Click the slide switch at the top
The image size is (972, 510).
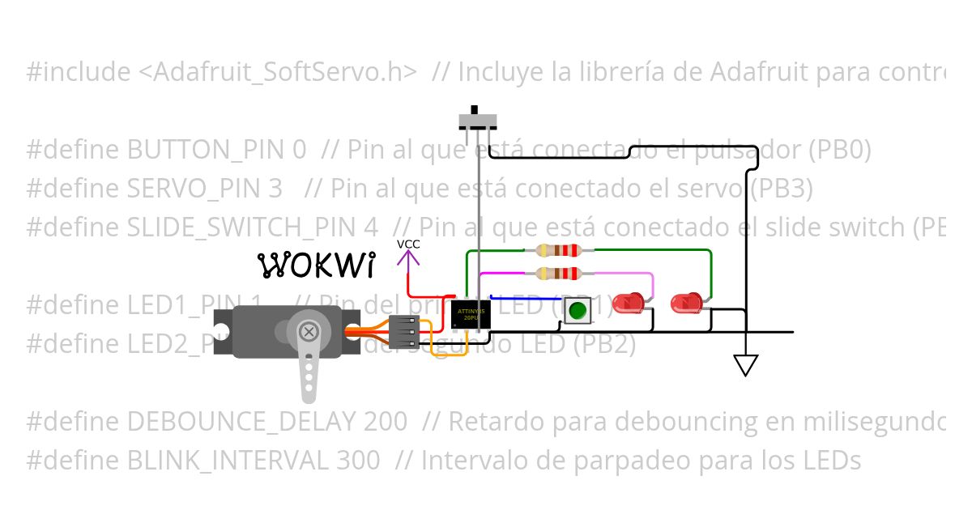pyautogui.click(x=478, y=118)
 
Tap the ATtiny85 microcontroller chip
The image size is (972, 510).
pyautogui.click(x=470, y=314)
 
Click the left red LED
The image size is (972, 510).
pyautogui.click(x=629, y=304)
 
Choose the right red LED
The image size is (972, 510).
pyautogui.click(x=686, y=304)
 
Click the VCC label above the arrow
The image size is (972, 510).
pyautogui.click(x=408, y=244)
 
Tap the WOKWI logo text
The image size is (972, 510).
pyautogui.click(x=317, y=264)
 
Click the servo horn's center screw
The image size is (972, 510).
pyautogui.click(x=308, y=331)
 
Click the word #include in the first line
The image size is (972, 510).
pyautogui.click(x=77, y=72)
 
